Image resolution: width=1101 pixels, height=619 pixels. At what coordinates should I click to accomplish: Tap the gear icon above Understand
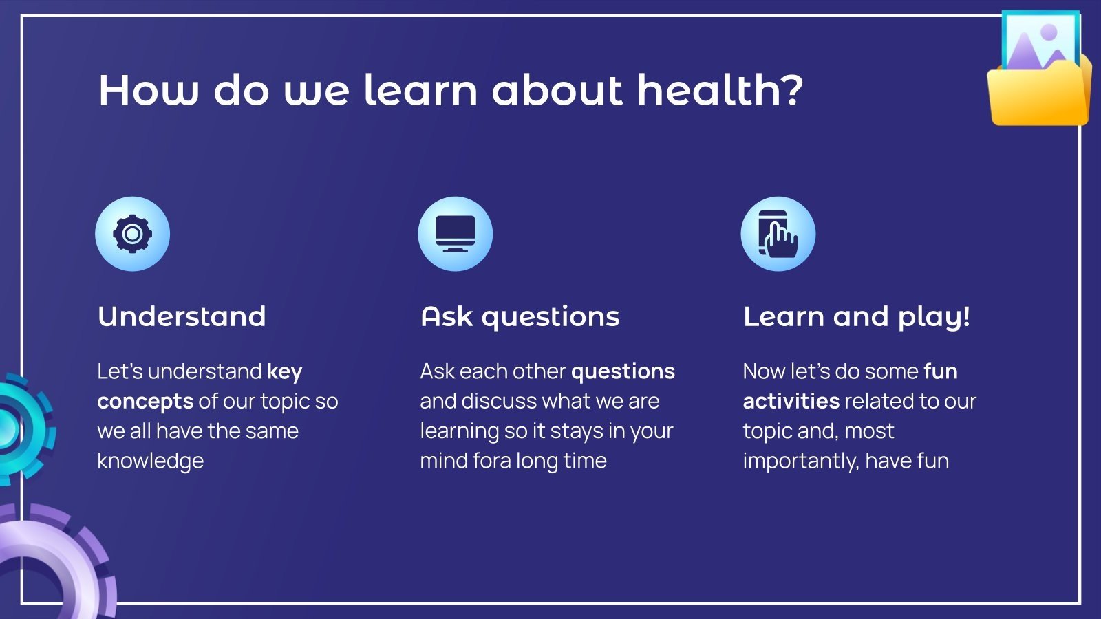(x=132, y=234)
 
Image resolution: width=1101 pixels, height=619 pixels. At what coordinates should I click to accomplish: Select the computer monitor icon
(x=455, y=234)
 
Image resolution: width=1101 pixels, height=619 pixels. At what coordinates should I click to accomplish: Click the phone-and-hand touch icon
(x=778, y=234)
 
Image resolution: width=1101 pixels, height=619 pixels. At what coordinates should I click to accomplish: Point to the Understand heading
(x=182, y=316)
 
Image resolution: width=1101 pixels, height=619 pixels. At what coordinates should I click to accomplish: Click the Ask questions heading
(x=520, y=317)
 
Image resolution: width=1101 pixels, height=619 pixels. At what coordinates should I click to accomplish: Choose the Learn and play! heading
(x=857, y=317)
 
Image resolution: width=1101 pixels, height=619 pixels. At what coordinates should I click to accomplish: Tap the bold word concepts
(x=145, y=402)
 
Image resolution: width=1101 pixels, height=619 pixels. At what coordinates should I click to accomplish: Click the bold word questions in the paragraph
(x=623, y=372)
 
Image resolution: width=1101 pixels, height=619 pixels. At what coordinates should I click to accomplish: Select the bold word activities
(x=791, y=401)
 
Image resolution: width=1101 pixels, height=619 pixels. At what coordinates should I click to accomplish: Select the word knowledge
(x=151, y=461)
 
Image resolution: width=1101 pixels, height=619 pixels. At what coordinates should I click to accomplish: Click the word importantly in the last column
(x=801, y=461)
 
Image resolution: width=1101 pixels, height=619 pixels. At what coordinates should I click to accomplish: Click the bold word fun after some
(x=941, y=371)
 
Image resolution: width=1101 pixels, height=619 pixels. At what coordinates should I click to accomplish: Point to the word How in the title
(x=149, y=89)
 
